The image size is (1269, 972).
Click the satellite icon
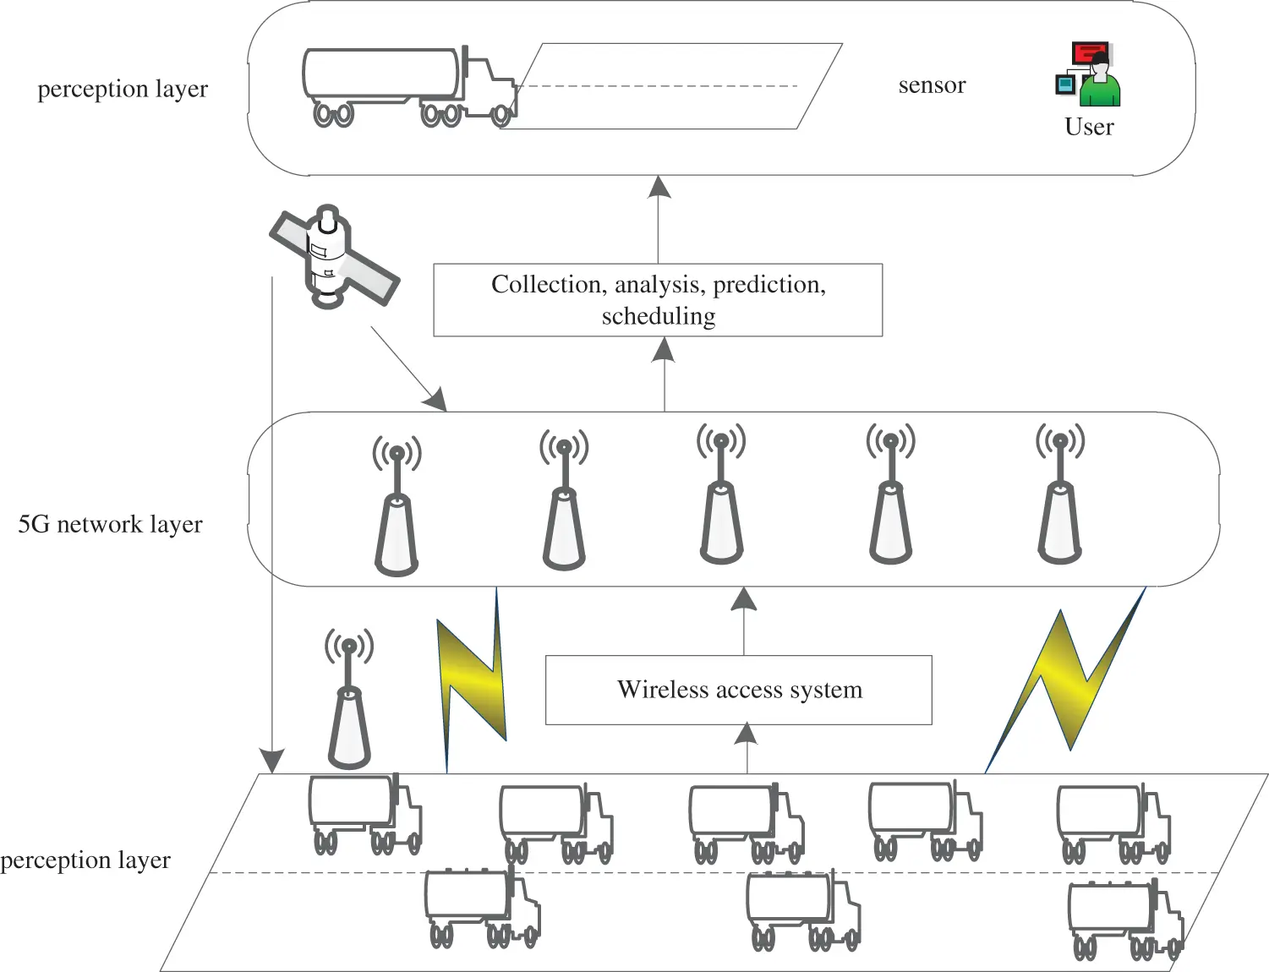333,255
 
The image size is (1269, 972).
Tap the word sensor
932,85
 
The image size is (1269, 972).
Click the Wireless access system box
738,690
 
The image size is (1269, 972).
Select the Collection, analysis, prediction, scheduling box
658,300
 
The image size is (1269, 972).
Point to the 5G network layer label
110,525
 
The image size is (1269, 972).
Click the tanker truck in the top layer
409,86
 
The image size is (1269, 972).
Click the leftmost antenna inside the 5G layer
397,506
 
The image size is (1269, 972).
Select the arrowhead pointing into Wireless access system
746,734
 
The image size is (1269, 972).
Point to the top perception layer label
123,89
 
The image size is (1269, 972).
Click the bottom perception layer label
85,860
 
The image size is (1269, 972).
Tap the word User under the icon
1089,127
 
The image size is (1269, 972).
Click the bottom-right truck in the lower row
1124,920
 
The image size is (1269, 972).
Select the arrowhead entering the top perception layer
659,187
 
